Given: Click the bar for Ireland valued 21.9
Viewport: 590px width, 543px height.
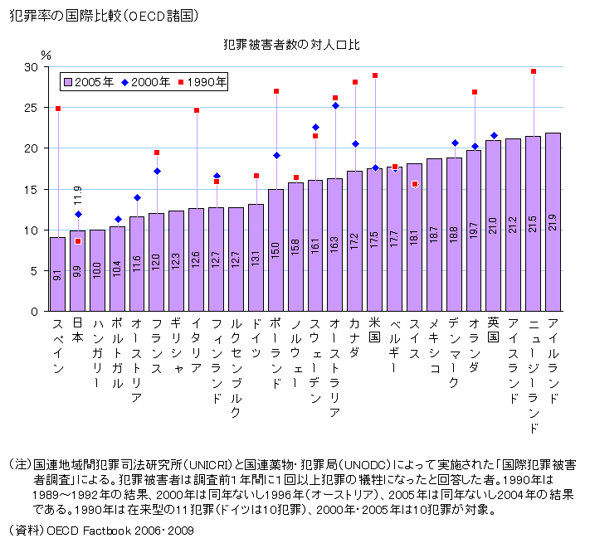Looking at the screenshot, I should point(553,222).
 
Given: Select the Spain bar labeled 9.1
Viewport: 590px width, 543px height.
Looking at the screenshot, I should point(57,274).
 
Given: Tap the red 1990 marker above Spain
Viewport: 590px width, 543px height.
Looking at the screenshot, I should point(58,109).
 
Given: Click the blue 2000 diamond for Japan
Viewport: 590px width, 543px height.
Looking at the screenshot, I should point(78,215).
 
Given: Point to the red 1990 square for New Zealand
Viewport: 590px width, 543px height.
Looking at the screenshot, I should point(534,72).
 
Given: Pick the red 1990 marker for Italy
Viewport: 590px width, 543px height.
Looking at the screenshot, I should point(197,110).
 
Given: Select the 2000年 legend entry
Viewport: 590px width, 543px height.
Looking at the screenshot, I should point(145,81).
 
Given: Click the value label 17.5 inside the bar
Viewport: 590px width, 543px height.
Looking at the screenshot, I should point(375,240).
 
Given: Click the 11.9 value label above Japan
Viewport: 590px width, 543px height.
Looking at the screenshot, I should point(78,196).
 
